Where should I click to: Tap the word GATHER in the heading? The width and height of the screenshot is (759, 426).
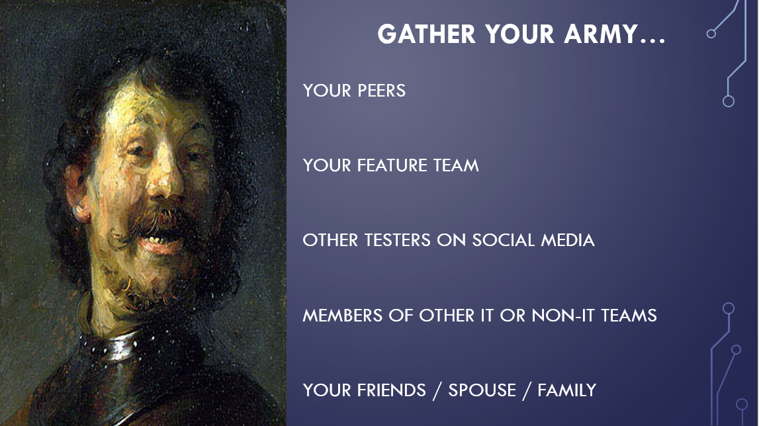(x=426, y=34)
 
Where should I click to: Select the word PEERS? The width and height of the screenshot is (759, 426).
(x=381, y=91)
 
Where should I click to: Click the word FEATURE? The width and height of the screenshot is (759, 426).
(x=392, y=165)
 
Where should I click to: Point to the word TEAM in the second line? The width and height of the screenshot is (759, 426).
(x=456, y=165)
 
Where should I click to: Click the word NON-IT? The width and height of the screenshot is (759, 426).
(x=563, y=316)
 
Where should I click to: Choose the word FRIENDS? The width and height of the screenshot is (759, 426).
(x=392, y=390)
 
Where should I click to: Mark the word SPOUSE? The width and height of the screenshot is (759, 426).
(x=482, y=390)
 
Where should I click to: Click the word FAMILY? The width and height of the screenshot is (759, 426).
(x=567, y=390)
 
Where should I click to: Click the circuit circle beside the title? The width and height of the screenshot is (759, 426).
(x=711, y=33)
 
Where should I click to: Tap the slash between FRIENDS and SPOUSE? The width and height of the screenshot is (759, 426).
(x=437, y=391)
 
